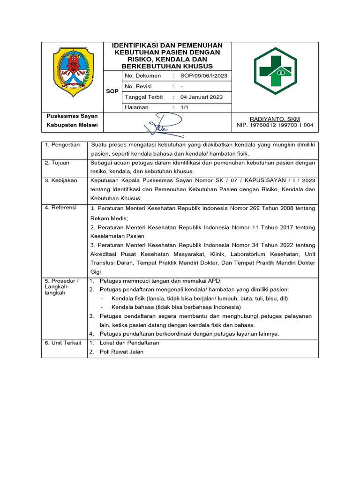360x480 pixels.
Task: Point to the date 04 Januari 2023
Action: pyautogui.click(x=202, y=97)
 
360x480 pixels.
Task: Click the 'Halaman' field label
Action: pyautogui.click(x=136, y=107)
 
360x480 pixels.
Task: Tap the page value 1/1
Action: pyautogui.click(x=184, y=107)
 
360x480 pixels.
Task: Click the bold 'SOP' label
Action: pyautogui.click(x=112, y=91)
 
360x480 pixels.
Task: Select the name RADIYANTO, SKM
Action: pyautogui.click(x=275, y=119)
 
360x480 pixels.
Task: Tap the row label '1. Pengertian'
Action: pyautogui.click(x=62, y=145)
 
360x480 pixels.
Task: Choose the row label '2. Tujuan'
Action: pyautogui.click(x=57, y=163)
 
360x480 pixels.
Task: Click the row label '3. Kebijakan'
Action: pyautogui.click(x=61, y=180)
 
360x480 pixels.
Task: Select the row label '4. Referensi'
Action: pyautogui.click(x=60, y=207)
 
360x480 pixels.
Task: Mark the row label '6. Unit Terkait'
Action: pyautogui.click(x=63, y=343)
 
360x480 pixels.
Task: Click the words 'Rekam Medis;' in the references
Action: pyautogui.click(x=109, y=218)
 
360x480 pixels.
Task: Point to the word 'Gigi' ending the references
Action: pyautogui.click(x=96, y=272)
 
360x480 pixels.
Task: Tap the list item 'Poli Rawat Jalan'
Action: pyautogui.click(x=121, y=352)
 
